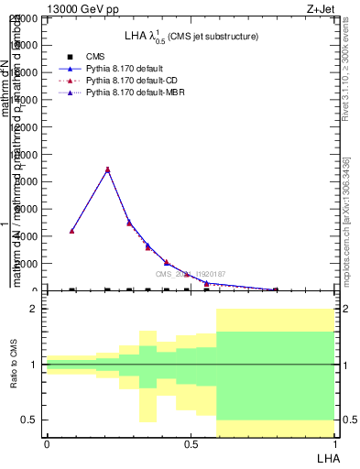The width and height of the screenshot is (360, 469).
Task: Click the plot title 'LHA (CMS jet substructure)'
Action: (191, 37)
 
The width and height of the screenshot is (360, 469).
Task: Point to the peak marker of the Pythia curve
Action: (108, 169)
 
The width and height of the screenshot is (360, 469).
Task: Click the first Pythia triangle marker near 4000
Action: (71, 231)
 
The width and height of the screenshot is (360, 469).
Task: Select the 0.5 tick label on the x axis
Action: (191, 444)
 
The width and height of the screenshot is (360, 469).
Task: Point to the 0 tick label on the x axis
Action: (47, 444)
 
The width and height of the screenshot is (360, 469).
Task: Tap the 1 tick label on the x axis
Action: (334, 444)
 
